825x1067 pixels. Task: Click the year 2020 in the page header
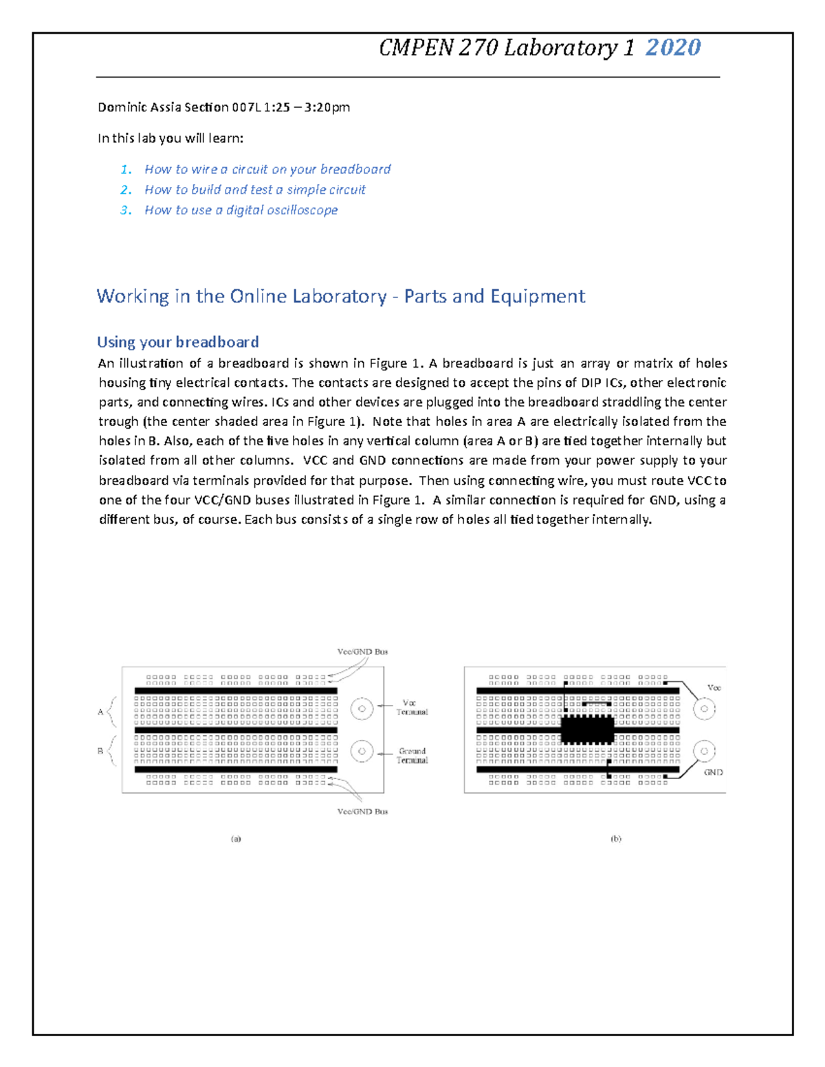[673, 47]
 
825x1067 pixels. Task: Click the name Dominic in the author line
[122, 107]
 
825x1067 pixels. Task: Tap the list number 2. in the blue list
[126, 190]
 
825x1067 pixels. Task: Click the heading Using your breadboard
[177, 342]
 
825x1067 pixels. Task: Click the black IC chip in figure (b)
[587, 729]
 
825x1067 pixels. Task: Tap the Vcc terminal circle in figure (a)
[362, 708]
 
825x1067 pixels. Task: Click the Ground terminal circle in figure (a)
[362, 752]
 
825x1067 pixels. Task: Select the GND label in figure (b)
[713, 772]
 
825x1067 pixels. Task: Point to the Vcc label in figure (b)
[714, 688]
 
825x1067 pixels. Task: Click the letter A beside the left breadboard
[100, 712]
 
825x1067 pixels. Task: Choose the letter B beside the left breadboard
[100, 752]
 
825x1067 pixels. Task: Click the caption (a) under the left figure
[236, 839]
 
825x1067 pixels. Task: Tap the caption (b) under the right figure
[615, 839]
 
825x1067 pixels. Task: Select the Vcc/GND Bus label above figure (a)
[362, 652]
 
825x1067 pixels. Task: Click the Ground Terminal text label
[412, 756]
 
